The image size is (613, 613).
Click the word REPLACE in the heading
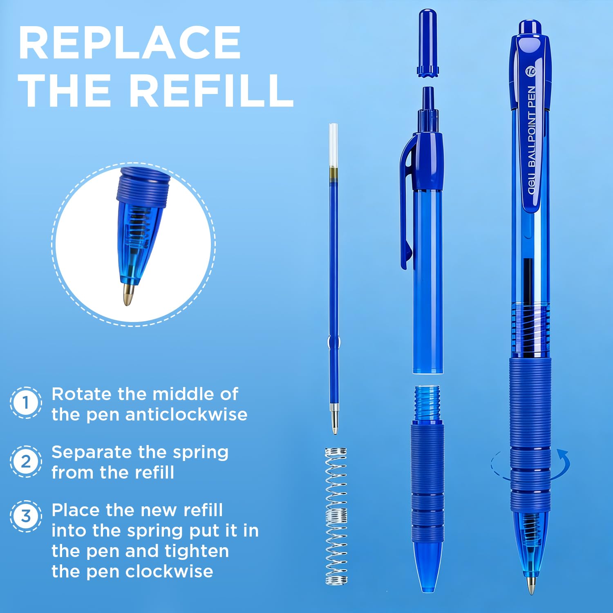[130, 43]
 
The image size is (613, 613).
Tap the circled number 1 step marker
[26, 403]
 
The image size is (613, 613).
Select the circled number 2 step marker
[26, 461]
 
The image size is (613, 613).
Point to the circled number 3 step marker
[26, 516]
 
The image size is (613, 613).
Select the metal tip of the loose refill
[334, 421]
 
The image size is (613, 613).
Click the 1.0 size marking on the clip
[530, 72]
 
